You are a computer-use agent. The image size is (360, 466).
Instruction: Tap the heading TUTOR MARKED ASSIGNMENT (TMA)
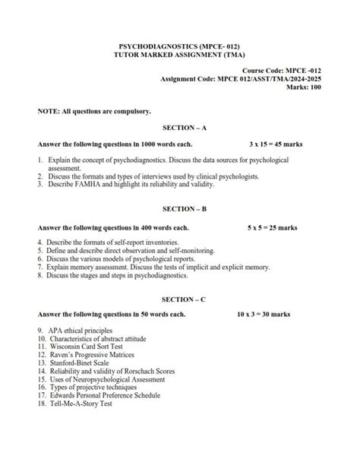point(179,55)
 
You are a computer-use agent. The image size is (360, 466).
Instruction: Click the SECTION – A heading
point(179,128)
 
